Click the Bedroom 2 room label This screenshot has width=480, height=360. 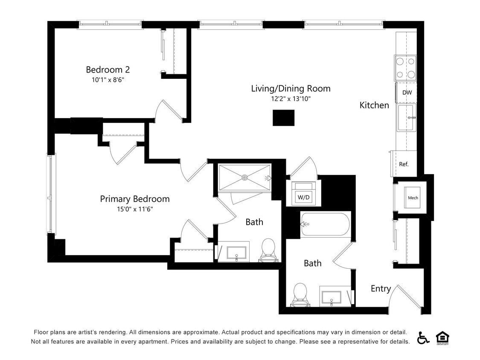point(108,70)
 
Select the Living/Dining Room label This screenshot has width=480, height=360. point(291,89)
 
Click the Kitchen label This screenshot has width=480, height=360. point(374,105)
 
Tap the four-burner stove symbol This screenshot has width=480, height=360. point(405,68)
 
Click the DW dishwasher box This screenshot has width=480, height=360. point(407,93)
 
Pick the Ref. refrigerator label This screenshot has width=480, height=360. point(404,164)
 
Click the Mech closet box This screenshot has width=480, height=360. point(413,197)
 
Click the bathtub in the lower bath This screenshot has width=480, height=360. point(325,224)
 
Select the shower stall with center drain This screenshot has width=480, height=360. point(244,177)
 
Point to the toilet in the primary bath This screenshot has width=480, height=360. point(268,250)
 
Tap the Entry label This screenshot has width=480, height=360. point(381,289)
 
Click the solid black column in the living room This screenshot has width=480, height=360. point(283,118)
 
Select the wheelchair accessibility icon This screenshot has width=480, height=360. point(423,337)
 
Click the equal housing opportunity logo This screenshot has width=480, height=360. point(442,337)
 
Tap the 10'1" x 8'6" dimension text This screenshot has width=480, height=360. point(108,80)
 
